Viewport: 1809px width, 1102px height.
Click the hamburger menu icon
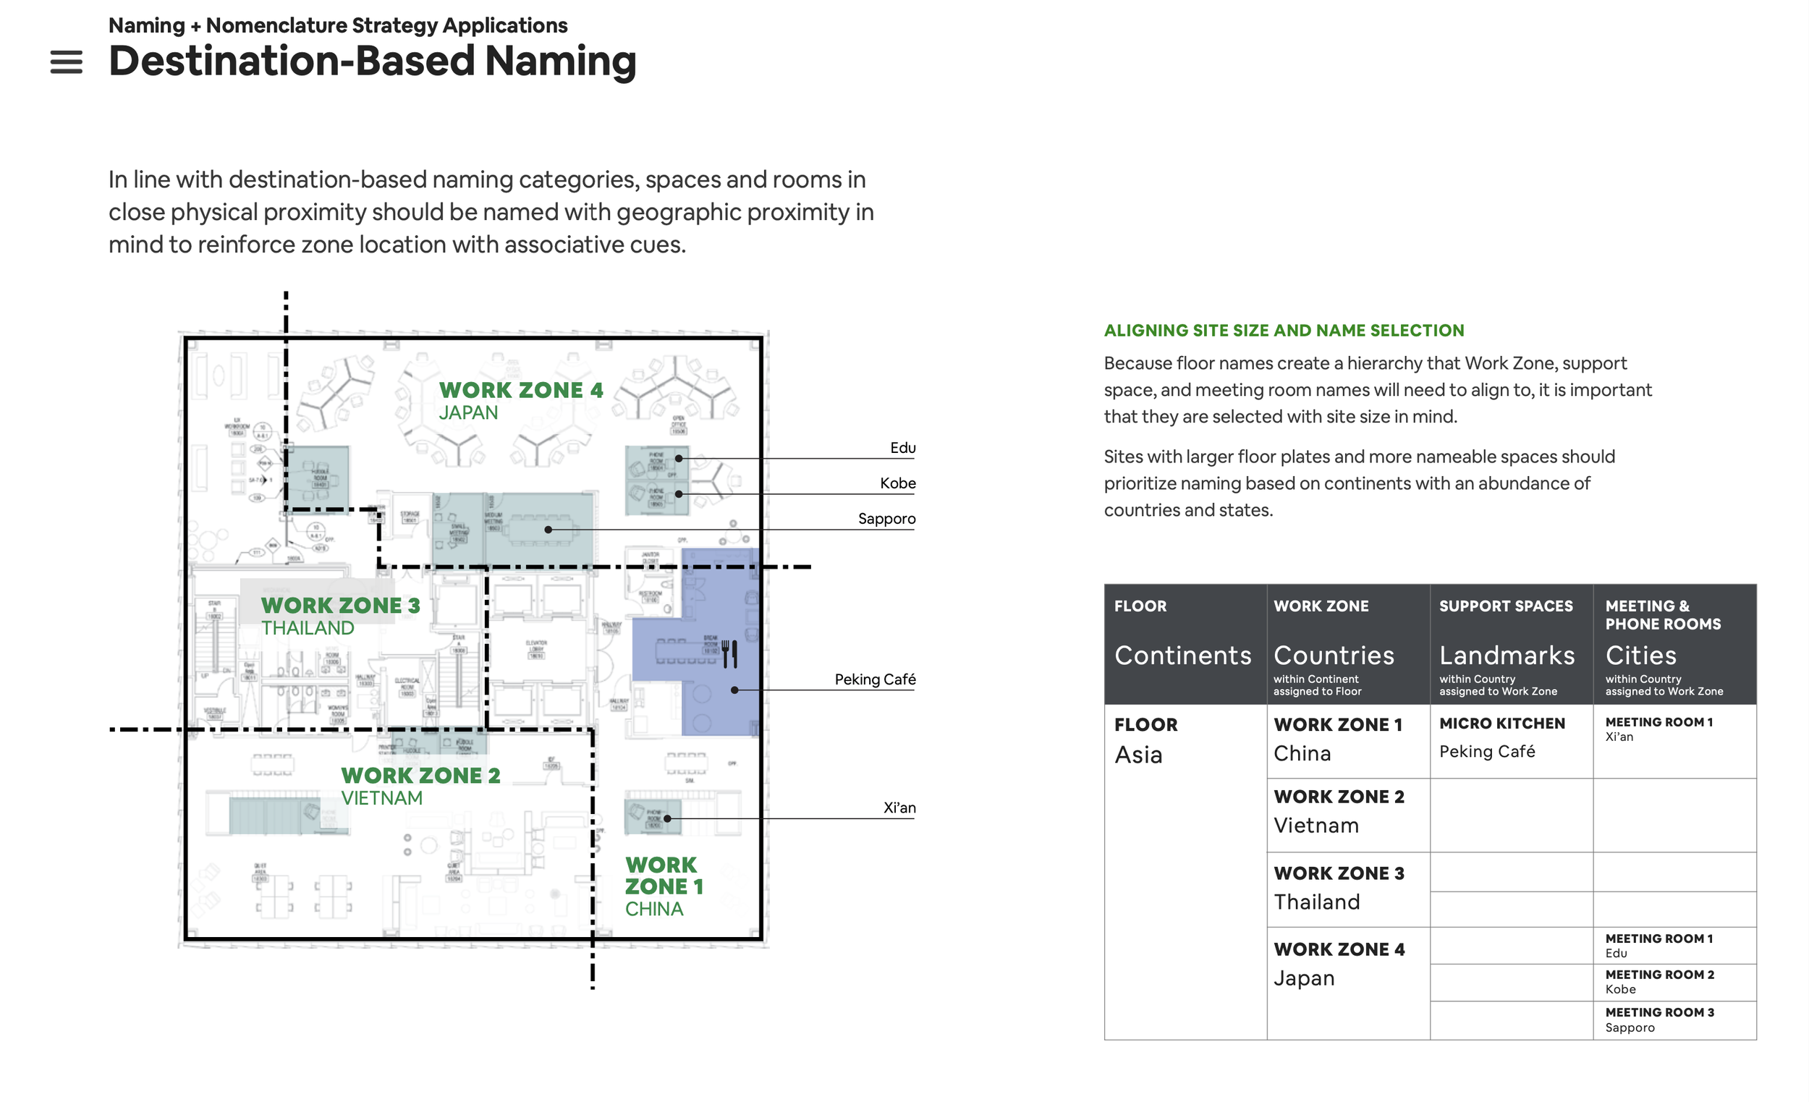point(66,62)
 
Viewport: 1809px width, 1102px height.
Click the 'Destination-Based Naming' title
point(372,61)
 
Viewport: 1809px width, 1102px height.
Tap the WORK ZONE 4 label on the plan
point(520,390)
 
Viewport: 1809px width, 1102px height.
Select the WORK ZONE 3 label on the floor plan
point(341,606)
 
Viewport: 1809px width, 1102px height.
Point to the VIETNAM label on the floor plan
point(382,799)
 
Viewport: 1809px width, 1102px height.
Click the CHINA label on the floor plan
point(654,910)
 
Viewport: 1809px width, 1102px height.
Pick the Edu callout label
point(902,448)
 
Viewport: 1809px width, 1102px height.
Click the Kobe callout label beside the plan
point(897,483)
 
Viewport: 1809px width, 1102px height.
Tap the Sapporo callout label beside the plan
point(886,519)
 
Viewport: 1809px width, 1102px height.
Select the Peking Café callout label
point(874,680)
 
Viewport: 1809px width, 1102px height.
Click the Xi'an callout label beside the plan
point(899,808)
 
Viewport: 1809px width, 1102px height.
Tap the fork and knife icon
point(729,653)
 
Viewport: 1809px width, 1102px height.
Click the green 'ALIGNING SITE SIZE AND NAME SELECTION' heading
point(1284,331)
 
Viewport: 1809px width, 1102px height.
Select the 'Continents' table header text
point(1183,656)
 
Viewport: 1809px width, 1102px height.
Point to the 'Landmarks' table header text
point(1507,656)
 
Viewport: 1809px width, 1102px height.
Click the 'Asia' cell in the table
point(1138,755)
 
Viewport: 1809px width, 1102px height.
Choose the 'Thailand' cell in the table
point(1316,902)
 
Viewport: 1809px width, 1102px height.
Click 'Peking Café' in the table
point(1487,752)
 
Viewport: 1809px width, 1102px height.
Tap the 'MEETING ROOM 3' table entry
point(1659,1013)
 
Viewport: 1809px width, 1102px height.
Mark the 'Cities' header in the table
point(1641,656)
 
